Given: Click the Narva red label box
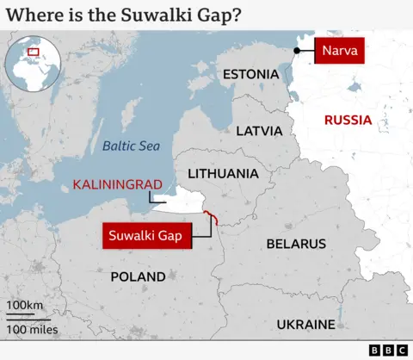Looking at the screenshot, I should tap(340, 51).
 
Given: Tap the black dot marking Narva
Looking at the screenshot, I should tap(296, 51).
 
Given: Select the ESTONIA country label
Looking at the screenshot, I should tap(250, 75).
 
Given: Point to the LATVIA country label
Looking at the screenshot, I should tap(259, 131).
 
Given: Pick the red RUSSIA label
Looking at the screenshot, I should tap(348, 120).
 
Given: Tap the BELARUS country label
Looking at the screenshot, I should tap(296, 244).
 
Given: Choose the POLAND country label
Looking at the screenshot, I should tap(138, 276).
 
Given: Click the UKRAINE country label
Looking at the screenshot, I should tap(305, 325).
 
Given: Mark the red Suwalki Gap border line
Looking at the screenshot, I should tap(213, 218).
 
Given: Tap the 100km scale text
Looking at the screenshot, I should tap(25, 306).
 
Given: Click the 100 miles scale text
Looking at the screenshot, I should tap(32, 329).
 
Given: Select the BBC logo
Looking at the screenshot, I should tap(388, 350).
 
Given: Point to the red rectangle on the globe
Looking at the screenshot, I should tap(34, 52).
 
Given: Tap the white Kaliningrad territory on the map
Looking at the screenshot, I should tap(185, 204).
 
